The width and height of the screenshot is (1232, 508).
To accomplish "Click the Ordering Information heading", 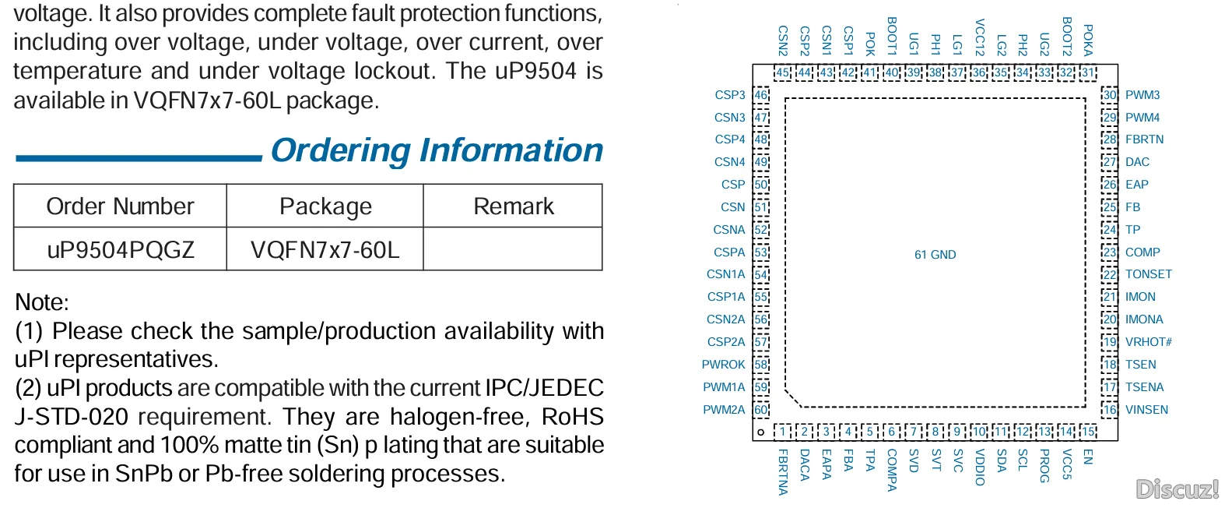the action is (437, 150).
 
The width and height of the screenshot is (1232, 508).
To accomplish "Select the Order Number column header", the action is (120, 206).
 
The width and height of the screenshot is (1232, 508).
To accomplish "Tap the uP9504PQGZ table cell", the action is (121, 250).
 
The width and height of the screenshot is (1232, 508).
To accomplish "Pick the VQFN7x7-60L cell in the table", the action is (325, 250).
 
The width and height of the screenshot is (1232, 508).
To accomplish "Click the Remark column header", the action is (513, 206).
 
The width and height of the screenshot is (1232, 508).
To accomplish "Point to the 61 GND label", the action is (935, 254).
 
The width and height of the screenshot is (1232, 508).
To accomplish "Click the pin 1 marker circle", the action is (760, 432).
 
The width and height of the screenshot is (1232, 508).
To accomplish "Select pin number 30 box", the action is (1110, 94).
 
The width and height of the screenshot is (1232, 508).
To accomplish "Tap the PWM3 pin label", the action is (1142, 94).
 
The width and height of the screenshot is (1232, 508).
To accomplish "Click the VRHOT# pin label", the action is (1149, 342).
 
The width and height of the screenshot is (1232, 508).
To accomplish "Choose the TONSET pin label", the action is (1149, 274).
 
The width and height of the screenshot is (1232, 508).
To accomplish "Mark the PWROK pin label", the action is (723, 365).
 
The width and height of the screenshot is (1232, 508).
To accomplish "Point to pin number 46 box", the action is (760, 94).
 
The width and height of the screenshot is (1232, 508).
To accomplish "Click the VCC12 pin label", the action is (979, 37).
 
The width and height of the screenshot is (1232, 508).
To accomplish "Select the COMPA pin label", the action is (892, 470).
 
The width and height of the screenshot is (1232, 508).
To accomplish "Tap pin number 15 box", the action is (1088, 432).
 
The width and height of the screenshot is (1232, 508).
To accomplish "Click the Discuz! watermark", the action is (1178, 489).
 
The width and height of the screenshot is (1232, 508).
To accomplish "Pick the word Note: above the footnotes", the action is (42, 302).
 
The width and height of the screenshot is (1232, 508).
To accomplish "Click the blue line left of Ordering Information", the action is (139, 158).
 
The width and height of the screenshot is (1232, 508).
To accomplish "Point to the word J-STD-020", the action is (71, 417).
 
